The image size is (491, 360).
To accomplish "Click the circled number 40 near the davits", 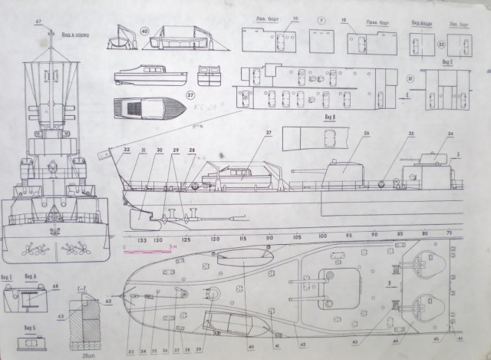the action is [145, 32].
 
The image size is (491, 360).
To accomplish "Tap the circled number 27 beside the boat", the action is [192, 96].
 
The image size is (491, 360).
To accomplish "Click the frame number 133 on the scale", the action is [141, 239].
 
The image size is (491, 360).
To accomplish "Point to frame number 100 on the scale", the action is [323, 236].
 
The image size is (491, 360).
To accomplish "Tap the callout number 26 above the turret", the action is [367, 133].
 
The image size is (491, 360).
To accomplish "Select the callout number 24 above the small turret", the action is [450, 134].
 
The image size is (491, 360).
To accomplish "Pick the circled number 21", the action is [410, 78].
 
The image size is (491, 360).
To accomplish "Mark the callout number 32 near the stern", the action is [127, 149].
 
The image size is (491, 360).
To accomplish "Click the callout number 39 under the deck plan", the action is [199, 350].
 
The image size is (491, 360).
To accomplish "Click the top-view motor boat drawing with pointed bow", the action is [150, 107].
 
